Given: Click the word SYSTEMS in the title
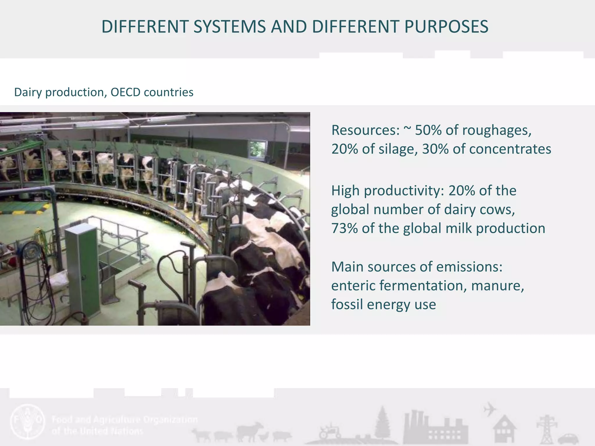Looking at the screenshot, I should click(x=230, y=27).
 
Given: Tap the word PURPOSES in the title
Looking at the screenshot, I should click(x=446, y=27).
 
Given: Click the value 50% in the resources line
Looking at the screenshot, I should click(x=428, y=130).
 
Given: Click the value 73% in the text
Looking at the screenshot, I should click(x=345, y=229).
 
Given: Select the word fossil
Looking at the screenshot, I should click(x=347, y=305).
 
